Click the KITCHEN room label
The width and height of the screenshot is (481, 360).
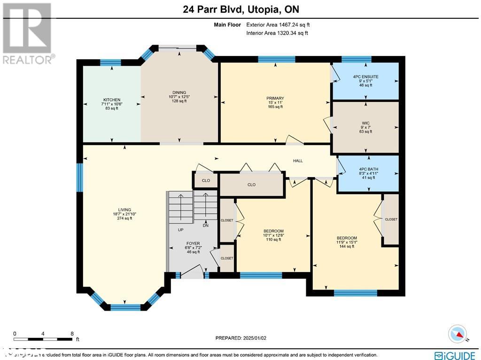[112, 100]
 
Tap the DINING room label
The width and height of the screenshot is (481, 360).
[179, 93]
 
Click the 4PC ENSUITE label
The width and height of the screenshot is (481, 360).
[365, 77]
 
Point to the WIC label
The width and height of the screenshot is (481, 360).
[365, 123]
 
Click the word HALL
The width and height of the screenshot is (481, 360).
[298, 161]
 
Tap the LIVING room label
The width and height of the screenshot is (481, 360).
[124, 210]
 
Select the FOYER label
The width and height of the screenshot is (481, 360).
[193, 243]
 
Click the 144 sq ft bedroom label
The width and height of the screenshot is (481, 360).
[347, 238]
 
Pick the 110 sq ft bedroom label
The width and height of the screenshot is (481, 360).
[273, 231]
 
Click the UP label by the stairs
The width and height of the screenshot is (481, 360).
[180, 230]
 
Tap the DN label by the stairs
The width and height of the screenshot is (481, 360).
[205, 226]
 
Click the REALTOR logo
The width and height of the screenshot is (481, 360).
[27, 33]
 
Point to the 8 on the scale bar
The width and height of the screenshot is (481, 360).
[71, 334]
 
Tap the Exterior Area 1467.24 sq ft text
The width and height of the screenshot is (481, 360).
[278, 24]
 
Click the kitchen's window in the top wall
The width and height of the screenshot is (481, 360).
[111, 63]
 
